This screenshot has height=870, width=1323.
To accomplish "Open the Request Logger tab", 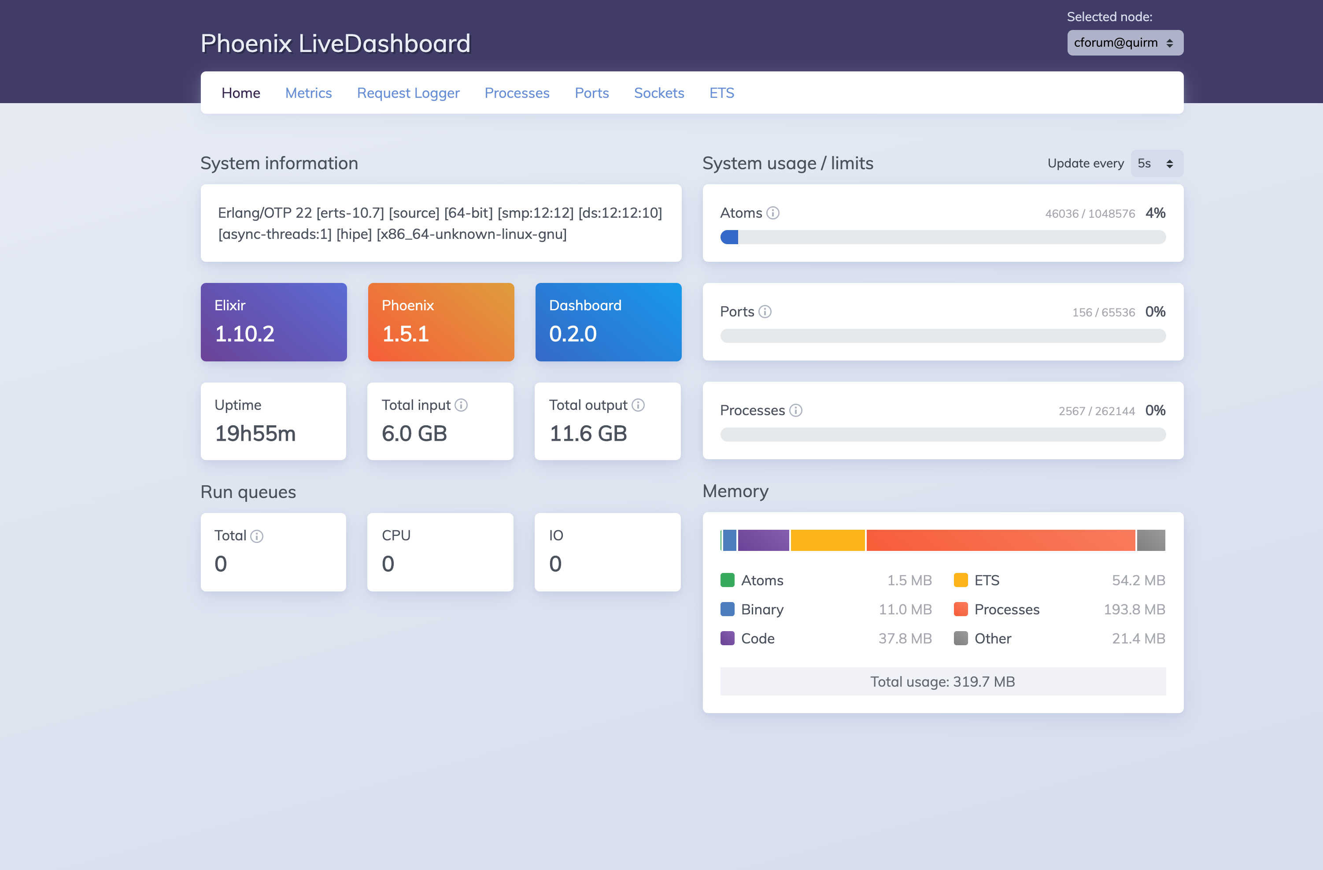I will tap(408, 93).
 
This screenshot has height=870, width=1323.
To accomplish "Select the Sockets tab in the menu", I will tap(659, 93).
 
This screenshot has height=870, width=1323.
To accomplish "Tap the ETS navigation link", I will tap(721, 93).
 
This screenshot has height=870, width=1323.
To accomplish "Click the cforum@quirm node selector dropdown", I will tap(1124, 43).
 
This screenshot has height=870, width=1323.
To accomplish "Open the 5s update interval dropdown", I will tap(1156, 164).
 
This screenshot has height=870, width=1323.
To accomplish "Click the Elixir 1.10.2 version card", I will tap(273, 322).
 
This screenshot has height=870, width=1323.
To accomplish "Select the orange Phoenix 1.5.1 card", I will tap(441, 322).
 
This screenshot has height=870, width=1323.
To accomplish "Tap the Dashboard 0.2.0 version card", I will tap(608, 322).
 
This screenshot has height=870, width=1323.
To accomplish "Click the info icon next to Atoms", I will tap(772, 213).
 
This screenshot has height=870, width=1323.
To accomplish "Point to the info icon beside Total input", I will tap(461, 405).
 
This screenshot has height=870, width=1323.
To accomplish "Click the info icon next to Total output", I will tap(638, 405).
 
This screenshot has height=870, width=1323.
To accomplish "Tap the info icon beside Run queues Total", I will tap(256, 536).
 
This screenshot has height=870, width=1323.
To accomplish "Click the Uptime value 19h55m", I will tap(255, 434).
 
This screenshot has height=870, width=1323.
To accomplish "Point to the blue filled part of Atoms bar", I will tap(729, 238).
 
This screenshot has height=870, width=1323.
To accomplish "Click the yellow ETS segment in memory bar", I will tap(827, 540).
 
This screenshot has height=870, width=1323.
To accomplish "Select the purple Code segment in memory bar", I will tap(763, 540).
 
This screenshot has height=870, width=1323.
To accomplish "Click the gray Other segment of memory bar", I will tap(1151, 540).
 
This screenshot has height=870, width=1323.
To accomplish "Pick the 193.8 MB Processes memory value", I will tap(1134, 610).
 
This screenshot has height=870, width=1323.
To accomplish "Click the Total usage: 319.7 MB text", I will tap(942, 682).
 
